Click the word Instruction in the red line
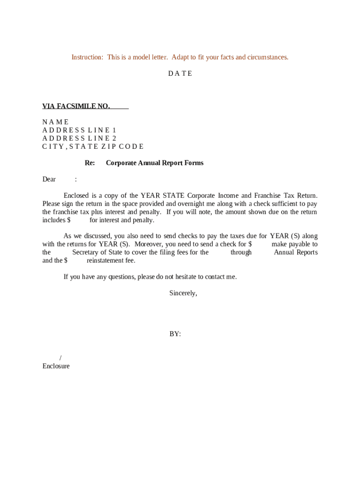pos(87,57)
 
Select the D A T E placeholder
pos(180,73)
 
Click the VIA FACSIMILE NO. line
pos(76,106)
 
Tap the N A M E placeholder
pos(55,122)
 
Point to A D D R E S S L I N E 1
pos(79,130)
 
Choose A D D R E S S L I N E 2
pos(79,138)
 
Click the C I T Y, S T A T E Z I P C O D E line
pos(93,146)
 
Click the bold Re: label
pos(90,163)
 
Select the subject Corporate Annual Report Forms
pos(155,163)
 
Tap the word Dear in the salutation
pos(49,179)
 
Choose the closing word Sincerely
pos(183,293)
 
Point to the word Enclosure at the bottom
pos(56,366)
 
